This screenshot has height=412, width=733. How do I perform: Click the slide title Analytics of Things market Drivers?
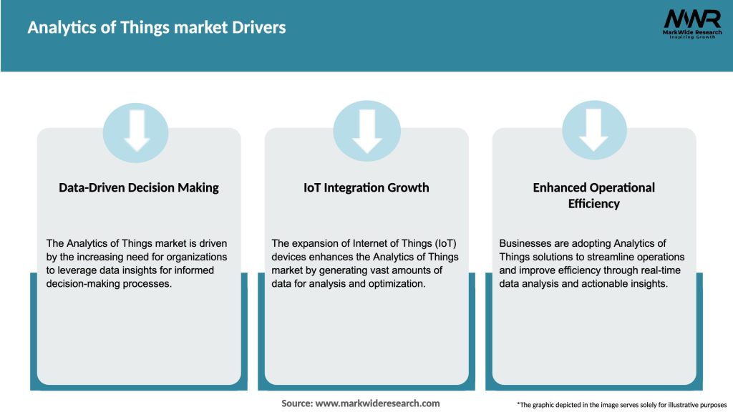pyautogui.click(x=156, y=28)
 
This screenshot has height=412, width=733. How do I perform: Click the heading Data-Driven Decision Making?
pyautogui.click(x=139, y=187)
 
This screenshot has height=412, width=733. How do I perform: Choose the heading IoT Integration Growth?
pyautogui.click(x=366, y=187)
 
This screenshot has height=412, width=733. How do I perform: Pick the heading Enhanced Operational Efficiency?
pyautogui.click(x=594, y=195)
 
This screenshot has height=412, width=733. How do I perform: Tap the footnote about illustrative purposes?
pyautogui.click(x=621, y=405)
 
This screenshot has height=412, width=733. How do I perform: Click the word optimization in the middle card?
pyautogui.click(x=397, y=283)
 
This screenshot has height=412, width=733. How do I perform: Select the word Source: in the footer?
pyautogui.click(x=297, y=403)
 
